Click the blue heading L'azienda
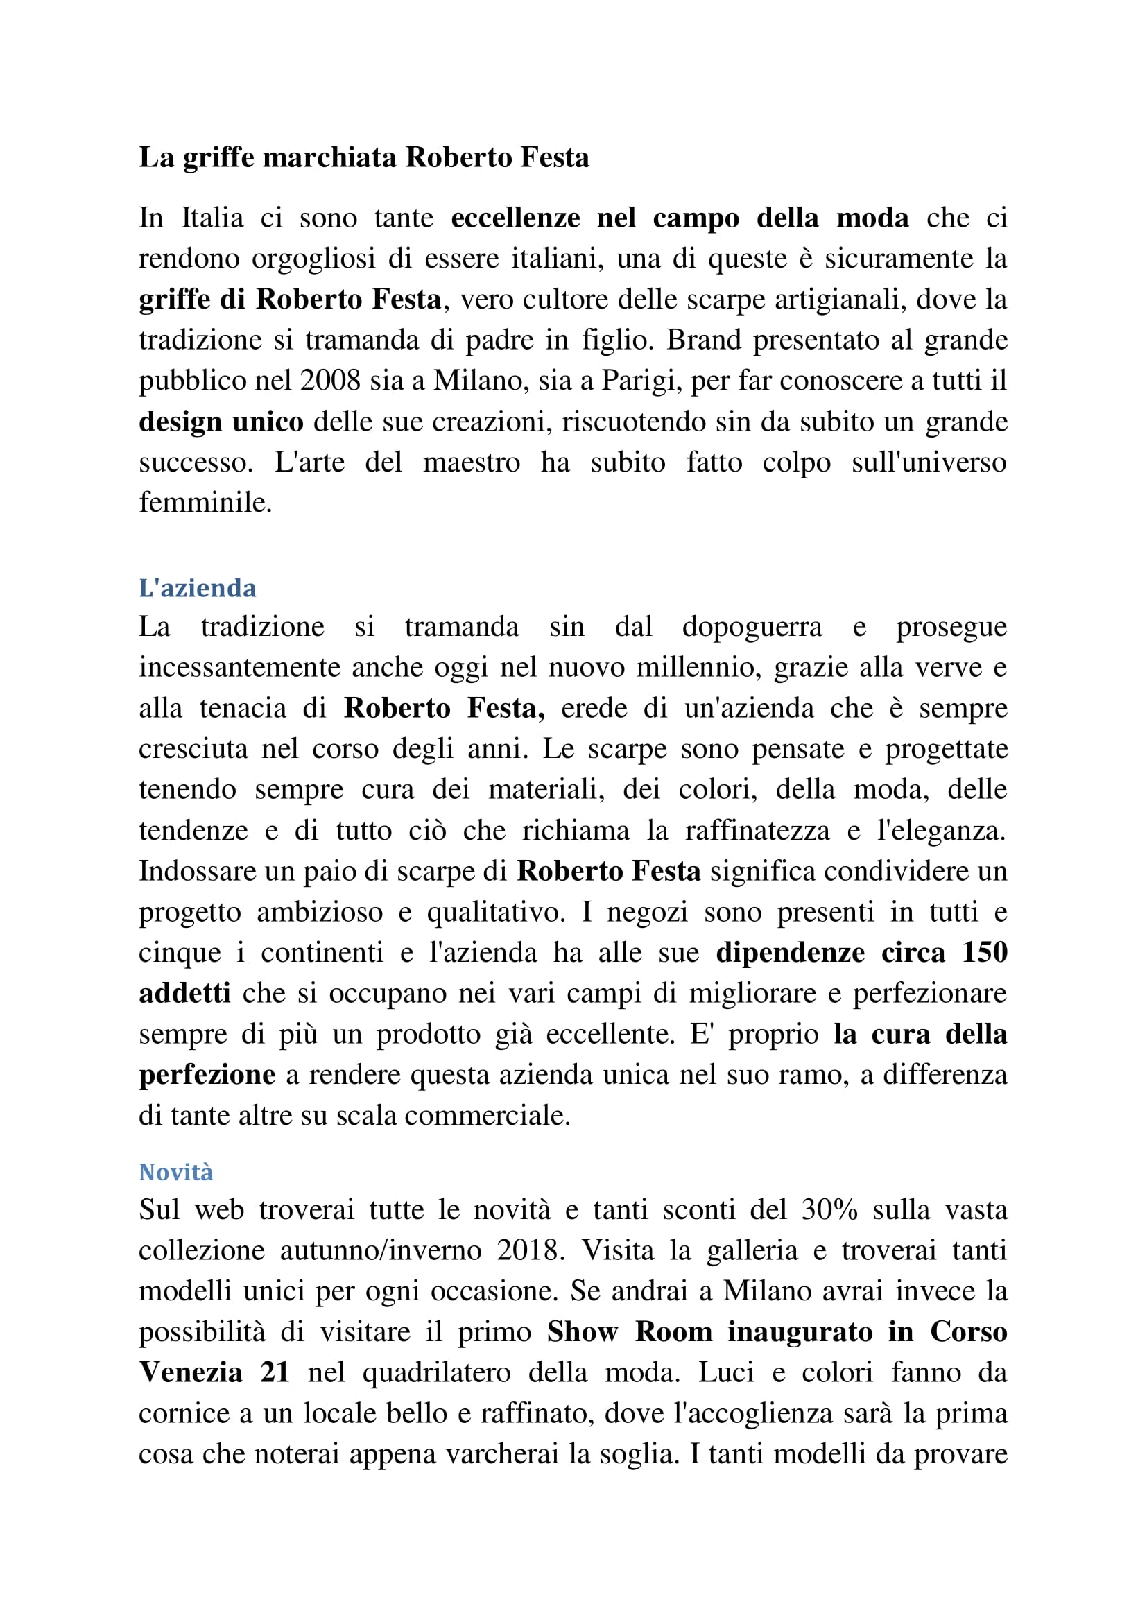197,588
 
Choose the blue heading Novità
176,1172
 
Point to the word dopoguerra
752,627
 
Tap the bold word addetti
184,993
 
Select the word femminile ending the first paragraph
205,503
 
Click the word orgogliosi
313,259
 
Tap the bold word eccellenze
515,218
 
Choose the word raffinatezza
757,831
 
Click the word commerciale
487,1116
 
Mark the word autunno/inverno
381,1251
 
